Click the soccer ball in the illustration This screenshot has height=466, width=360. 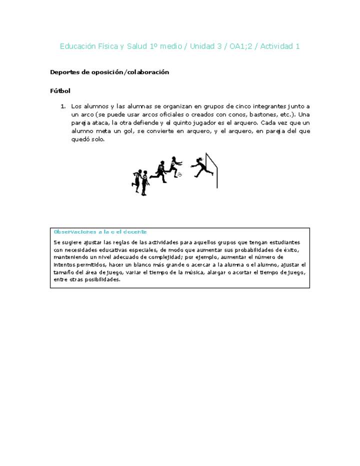[x=180, y=175]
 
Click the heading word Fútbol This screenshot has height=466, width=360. [x=60, y=91]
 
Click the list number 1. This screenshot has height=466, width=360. [x=63, y=106]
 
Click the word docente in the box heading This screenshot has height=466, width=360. [x=135, y=232]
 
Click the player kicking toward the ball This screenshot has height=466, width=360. [x=173, y=166]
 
